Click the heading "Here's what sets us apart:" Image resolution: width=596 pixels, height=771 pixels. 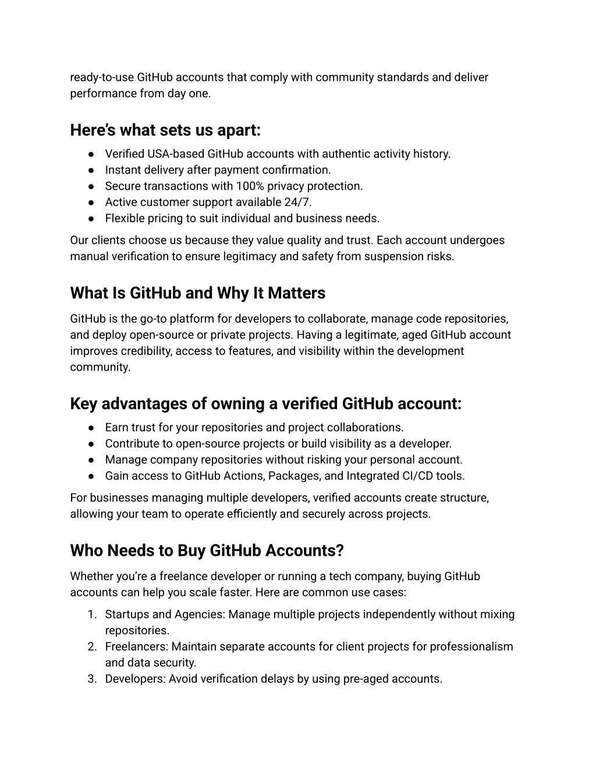point(165,130)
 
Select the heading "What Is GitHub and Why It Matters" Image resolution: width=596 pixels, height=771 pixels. point(197,293)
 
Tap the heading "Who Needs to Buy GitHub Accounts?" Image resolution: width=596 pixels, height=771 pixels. point(207,550)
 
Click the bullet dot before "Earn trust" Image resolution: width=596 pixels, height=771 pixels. point(92,428)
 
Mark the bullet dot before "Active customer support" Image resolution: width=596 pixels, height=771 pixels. point(92,202)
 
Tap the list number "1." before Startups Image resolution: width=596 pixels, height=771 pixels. point(92,614)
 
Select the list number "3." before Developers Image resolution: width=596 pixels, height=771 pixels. point(92,679)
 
